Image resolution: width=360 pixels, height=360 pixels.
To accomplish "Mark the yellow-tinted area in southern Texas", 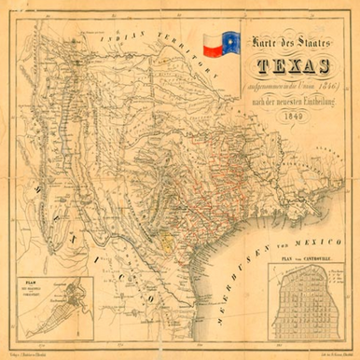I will coord(167,240).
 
